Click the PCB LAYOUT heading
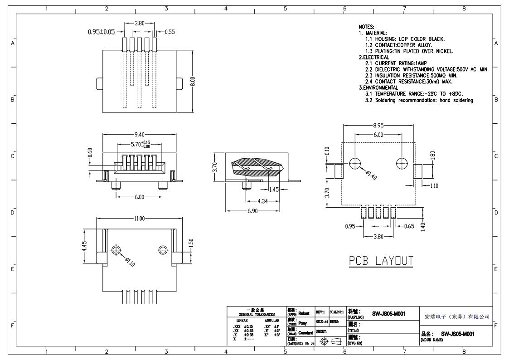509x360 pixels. click(x=381, y=261)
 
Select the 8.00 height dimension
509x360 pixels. click(x=193, y=81)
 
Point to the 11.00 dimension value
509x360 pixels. click(x=139, y=219)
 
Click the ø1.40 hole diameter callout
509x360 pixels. click(x=372, y=174)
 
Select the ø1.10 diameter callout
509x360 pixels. click(x=130, y=262)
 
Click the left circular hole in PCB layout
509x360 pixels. click(x=355, y=163)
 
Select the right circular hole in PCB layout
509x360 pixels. click(x=402, y=163)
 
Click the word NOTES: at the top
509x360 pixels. click(x=366, y=27)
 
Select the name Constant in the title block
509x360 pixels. click(x=305, y=333)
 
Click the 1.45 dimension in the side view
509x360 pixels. click(x=274, y=190)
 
